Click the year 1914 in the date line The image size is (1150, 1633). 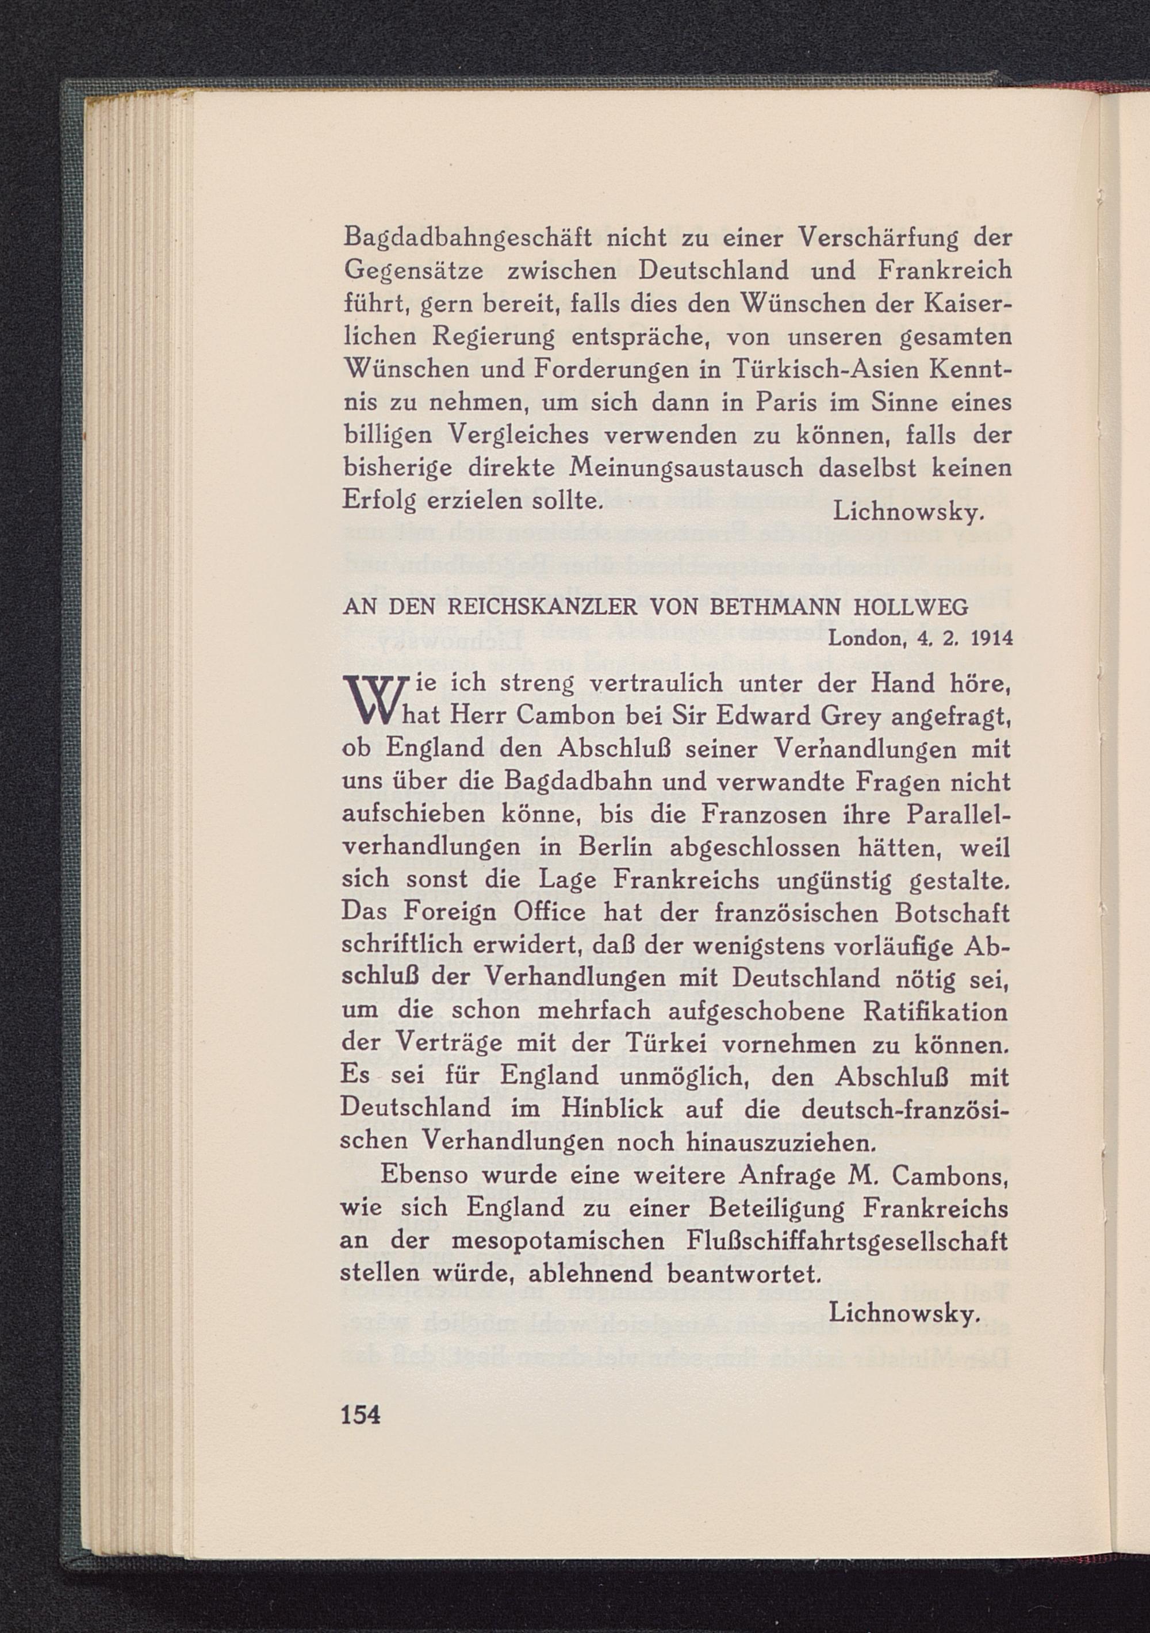coord(991,638)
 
